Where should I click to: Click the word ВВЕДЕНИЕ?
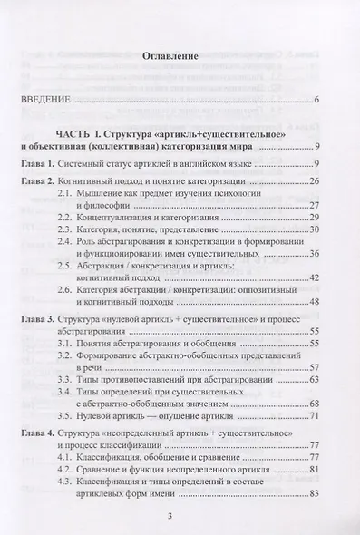(x=44, y=99)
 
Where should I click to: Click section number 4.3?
(x=92, y=481)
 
